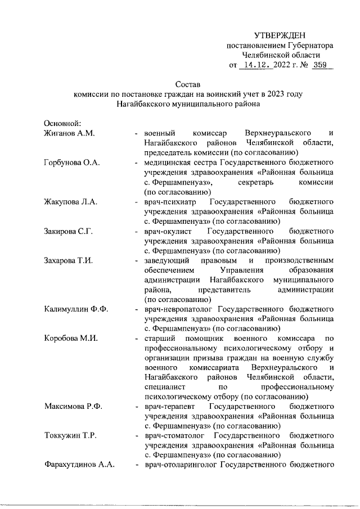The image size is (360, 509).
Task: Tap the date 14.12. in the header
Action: pyautogui.click(x=255, y=65)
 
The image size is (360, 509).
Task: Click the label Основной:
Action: pyautogui.click(x=63, y=123)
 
